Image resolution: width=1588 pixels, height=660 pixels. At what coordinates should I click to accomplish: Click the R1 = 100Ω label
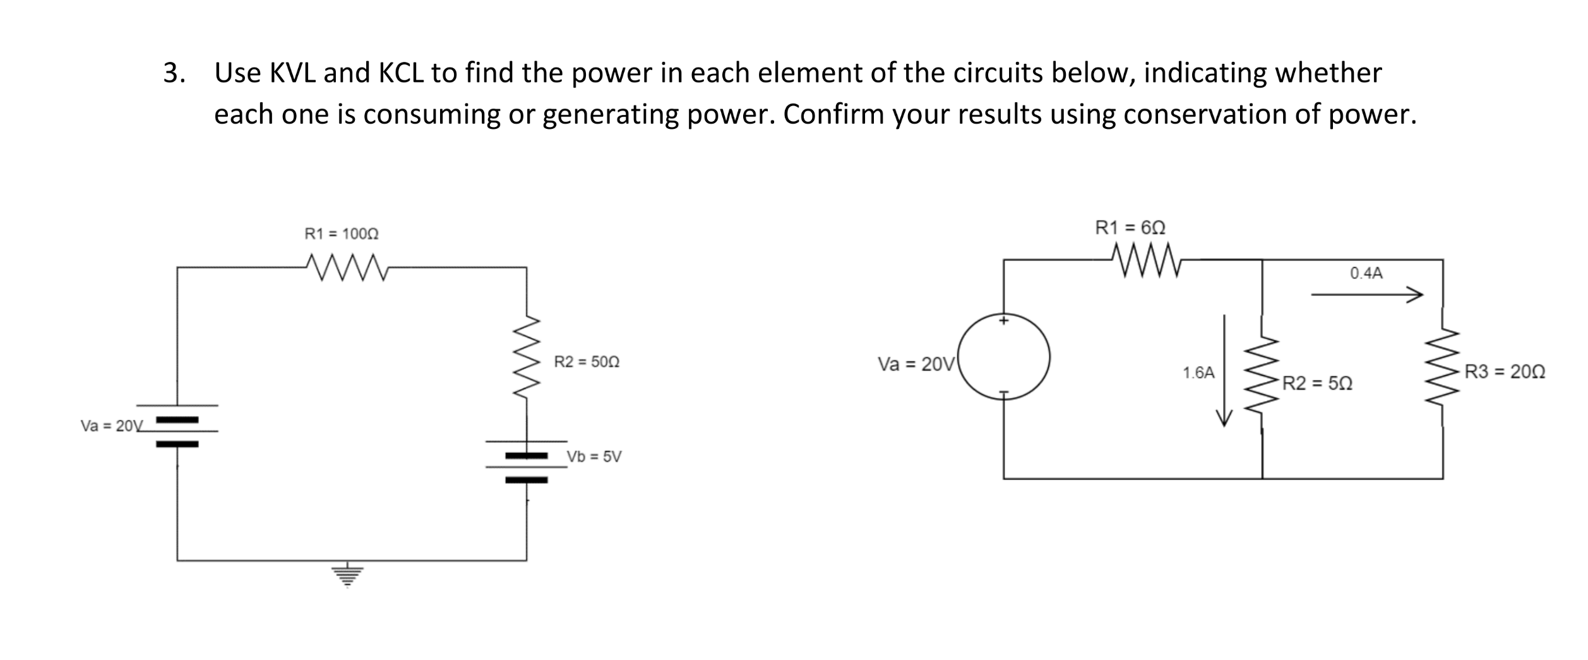coord(342,234)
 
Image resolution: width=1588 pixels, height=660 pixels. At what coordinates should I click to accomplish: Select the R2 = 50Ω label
coord(587,363)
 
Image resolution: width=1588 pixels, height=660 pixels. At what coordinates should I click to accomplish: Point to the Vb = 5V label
coord(594,457)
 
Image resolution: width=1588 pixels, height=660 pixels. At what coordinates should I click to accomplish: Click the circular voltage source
coord(1004,357)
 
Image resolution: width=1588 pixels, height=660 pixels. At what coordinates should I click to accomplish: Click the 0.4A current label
coord(1366,273)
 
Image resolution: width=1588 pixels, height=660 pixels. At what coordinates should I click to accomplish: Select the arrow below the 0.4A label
coord(1366,294)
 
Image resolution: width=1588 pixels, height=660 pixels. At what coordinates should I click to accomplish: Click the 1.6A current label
coord(1198,373)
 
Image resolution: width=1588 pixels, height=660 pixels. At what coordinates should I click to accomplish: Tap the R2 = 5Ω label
coord(1317,383)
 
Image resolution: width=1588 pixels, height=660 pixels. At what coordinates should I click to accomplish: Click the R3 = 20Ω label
coord(1505,371)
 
